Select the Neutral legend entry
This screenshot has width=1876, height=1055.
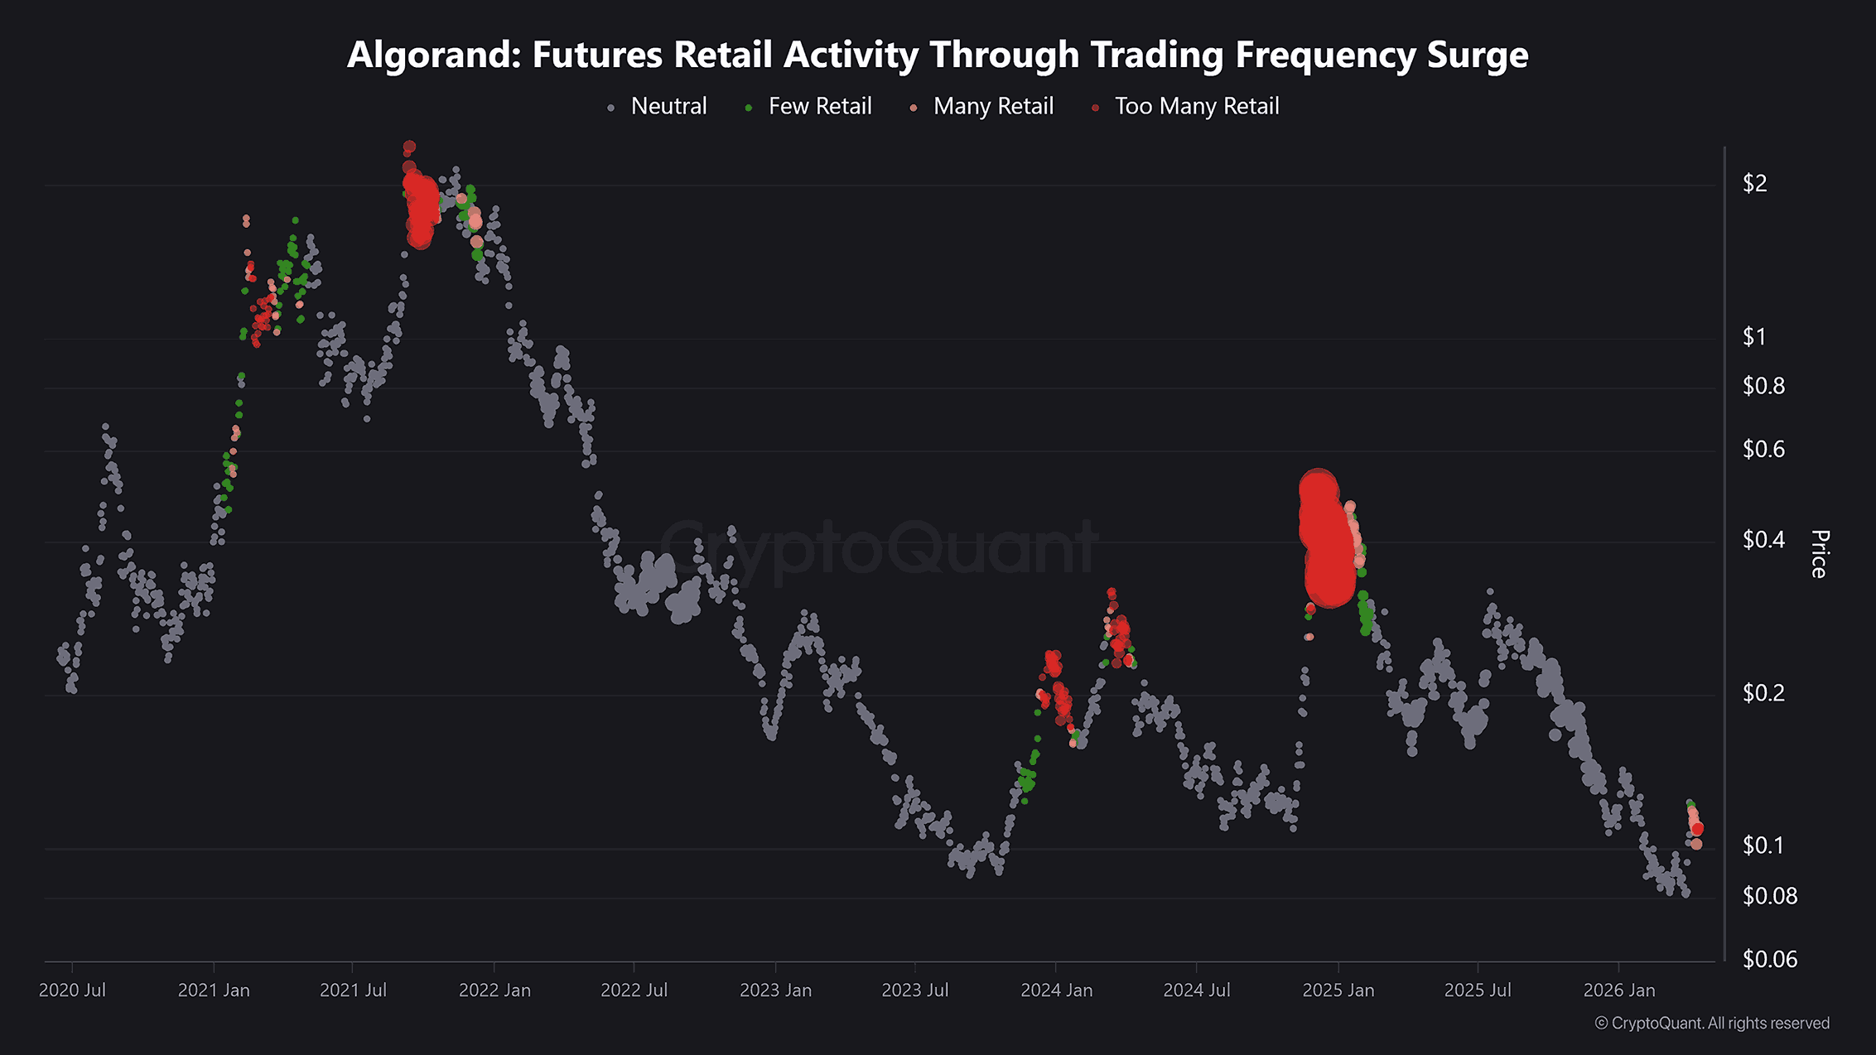668,106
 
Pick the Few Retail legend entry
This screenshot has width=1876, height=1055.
819,106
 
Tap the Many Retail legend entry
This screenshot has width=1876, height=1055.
992,106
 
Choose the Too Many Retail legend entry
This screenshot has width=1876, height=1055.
1196,106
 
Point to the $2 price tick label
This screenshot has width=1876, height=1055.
1754,183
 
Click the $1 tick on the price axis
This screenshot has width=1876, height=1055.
1754,336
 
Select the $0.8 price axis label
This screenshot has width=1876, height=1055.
1763,386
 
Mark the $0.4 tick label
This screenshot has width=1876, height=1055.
1763,540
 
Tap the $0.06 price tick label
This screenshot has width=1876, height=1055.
1769,959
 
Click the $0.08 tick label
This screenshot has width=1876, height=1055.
1769,896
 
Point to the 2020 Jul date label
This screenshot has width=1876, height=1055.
72,990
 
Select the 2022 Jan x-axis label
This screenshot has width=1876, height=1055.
494,990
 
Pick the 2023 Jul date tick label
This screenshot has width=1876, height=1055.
914,990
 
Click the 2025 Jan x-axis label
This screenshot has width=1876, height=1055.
1338,990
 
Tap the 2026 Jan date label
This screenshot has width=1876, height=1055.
1618,990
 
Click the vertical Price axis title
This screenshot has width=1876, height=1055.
1819,553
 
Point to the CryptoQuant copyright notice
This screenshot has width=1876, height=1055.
1712,1024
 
